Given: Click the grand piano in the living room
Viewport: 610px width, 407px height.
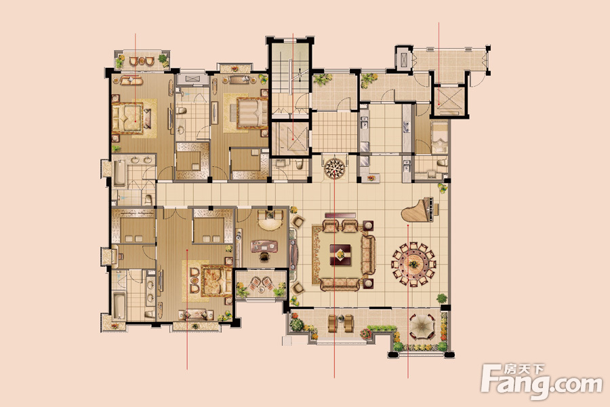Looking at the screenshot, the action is click(420, 210).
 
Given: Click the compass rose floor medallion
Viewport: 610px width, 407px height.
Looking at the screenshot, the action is click(335, 168).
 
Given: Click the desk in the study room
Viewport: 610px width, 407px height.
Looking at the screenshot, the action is click(264, 246).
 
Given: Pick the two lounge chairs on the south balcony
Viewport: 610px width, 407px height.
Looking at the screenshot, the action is click(341, 324).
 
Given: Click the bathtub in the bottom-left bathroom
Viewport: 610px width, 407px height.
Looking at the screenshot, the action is click(119, 306).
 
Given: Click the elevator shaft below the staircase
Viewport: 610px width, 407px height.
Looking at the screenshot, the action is click(290, 138).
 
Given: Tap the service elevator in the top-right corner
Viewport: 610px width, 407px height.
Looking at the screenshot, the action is click(449, 100).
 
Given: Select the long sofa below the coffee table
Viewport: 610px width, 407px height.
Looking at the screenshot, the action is click(340, 284).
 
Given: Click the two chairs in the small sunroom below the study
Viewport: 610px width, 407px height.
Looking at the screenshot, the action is click(262, 283).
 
